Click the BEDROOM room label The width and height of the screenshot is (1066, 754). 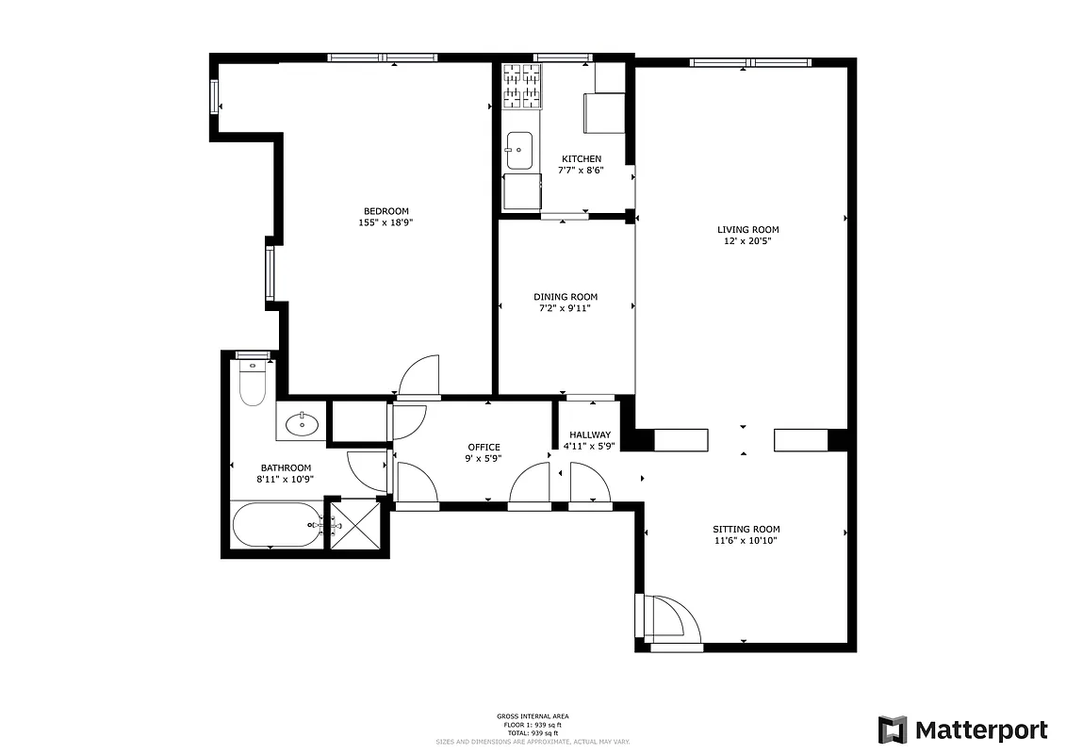point(386,210)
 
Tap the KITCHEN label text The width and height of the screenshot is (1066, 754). point(581,158)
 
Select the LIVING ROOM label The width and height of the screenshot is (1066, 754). point(747,229)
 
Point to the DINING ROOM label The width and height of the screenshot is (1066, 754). point(566,297)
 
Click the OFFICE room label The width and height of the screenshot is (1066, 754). point(484,447)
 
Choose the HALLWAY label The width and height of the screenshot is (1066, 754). point(589,434)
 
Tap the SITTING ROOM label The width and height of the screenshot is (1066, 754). point(746,529)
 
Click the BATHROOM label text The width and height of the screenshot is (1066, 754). point(286,467)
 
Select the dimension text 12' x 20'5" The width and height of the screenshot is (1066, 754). point(747,241)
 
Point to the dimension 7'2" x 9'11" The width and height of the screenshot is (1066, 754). point(566,308)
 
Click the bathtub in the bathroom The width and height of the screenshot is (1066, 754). point(277,524)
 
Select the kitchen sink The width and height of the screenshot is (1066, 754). point(519,150)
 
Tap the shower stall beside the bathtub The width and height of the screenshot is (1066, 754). point(353,528)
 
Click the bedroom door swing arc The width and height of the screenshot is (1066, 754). point(419,374)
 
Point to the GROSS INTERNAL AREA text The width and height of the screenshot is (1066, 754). point(533,716)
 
